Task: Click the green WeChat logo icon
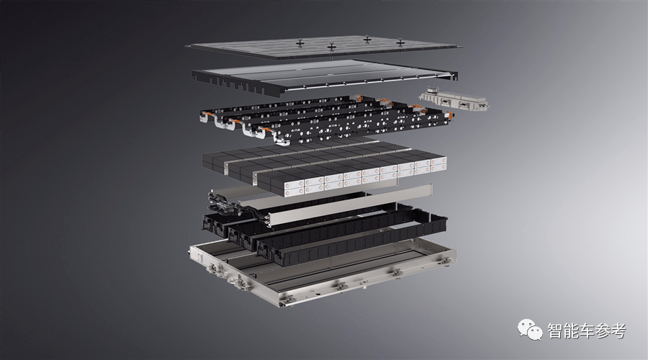pos(530,330)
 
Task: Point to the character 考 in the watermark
pos(618,330)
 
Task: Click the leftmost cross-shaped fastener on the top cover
pos(300,42)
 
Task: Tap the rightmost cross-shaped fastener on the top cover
pos(400,42)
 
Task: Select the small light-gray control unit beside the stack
pos(454,100)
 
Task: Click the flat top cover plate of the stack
pos(324,47)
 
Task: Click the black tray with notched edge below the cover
pos(325,78)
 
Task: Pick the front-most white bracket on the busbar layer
pos(282,142)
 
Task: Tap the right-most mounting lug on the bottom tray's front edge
pos(445,261)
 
